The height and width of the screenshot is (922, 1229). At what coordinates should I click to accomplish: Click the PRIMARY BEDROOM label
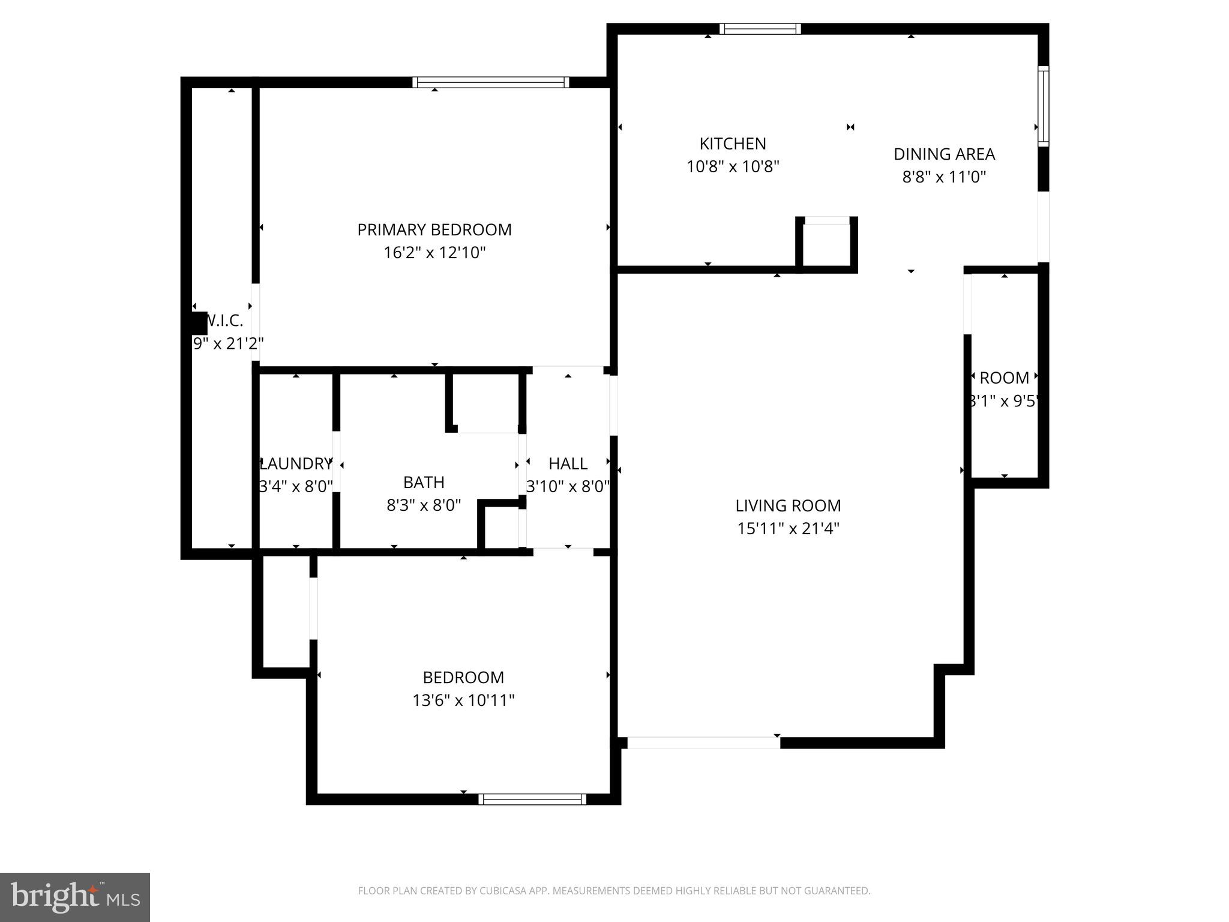click(434, 230)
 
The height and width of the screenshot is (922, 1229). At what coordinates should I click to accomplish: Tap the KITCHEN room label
click(732, 144)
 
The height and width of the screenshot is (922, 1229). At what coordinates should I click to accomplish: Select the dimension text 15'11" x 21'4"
click(787, 529)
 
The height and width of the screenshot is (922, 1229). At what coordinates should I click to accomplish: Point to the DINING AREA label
click(944, 154)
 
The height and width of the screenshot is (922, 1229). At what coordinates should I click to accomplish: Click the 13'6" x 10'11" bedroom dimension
click(463, 701)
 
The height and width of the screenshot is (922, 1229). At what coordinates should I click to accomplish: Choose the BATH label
click(424, 483)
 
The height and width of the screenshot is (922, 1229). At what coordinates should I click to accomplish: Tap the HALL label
click(568, 464)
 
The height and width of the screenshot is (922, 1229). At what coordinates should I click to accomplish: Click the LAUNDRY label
click(296, 464)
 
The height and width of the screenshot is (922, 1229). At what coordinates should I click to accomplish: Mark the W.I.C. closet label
click(225, 321)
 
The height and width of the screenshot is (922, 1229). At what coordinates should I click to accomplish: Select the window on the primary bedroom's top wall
click(490, 82)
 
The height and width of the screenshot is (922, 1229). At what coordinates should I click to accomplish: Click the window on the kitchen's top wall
click(760, 29)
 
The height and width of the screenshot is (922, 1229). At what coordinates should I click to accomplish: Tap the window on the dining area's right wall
click(1044, 106)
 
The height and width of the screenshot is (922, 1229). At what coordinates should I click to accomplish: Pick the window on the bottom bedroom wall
click(532, 799)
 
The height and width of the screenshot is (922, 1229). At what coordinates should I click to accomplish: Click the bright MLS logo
click(75, 897)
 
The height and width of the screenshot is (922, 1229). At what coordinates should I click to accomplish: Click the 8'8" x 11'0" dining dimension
click(944, 177)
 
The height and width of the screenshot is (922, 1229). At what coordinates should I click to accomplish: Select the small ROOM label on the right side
click(1004, 378)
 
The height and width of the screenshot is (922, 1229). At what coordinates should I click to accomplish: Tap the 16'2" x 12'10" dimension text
click(434, 253)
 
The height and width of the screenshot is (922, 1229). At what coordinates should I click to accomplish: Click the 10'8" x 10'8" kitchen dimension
click(732, 167)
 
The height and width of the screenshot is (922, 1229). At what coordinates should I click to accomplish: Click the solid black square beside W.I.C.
click(199, 323)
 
